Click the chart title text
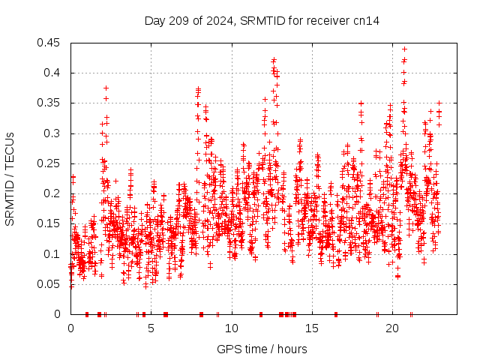pyautogui.click(x=262, y=21)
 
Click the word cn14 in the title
pyautogui.click(x=366, y=21)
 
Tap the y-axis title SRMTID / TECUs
pyautogui.click(x=10, y=178)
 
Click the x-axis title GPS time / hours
pyautogui.click(x=262, y=349)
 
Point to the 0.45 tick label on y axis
pyautogui.click(x=52, y=43)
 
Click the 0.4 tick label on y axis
pyautogui.click(x=55, y=73)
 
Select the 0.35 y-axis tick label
pyautogui.click(x=52, y=103)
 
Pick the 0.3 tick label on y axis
pyautogui.click(x=55, y=133)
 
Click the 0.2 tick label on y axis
pyautogui.click(x=55, y=193)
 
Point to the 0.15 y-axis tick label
pyautogui.click(x=52, y=223)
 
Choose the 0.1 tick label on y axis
pyautogui.click(x=55, y=254)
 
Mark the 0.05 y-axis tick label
pyautogui.click(x=52, y=284)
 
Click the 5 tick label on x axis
pyautogui.click(x=151, y=328)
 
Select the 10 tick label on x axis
pyautogui.click(x=232, y=328)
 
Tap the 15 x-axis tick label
pyautogui.click(x=312, y=328)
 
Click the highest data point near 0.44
pyautogui.click(x=405, y=49)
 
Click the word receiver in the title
pyautogui.click(x=328, y=21)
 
